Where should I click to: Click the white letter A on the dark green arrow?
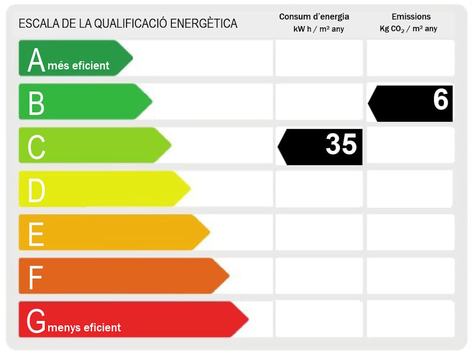click(36, 60)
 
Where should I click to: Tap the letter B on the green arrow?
click(36, 103)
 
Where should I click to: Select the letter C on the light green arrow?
click(36, 147)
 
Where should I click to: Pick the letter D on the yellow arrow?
click(36, 190)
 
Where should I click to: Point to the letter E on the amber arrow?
click(36, 234)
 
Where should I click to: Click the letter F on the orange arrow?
click(35, 277)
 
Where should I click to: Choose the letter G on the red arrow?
click(36, 321)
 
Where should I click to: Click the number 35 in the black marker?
click(341, 144)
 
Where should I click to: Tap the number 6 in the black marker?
click(440, 99)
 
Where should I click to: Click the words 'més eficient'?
click(78, 65)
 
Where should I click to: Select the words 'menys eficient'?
click(84, 327)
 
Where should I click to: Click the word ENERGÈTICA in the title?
click(203, 24)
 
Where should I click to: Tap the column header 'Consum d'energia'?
click(314, 17)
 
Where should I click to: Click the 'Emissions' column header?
click(411, 17)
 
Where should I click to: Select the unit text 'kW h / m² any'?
click(319, 29)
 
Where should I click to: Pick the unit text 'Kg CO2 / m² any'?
click(408, 29)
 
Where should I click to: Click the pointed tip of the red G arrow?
click(247, 319)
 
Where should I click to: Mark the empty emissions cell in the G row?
click(410, 318)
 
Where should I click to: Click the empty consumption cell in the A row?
click(319, 58)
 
